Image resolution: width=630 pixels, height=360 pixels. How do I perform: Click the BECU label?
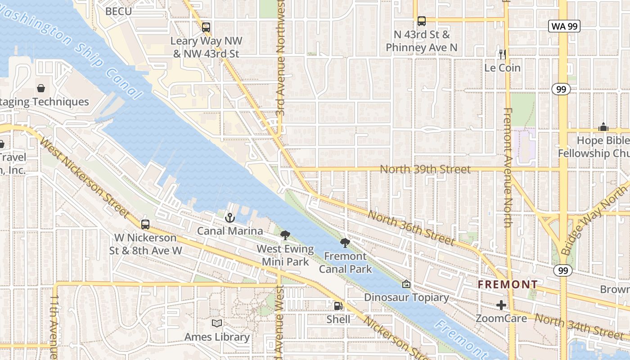tap(118, 11)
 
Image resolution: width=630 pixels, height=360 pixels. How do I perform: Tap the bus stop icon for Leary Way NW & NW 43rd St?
tap(206, 27)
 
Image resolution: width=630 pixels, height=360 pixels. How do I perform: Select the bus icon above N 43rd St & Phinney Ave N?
tap(422, 21)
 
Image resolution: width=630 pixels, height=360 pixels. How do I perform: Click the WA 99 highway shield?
tap(564, 26)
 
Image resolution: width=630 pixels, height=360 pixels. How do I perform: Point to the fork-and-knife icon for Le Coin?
tap(503, 54)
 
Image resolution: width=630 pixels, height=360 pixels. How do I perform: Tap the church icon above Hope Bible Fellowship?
tap(603, 127)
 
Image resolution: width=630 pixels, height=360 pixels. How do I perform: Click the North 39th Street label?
tap(425, 169)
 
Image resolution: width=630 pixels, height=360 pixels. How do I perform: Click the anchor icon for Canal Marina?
tap(230, 218)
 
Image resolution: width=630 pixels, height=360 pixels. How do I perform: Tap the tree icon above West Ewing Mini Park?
tap(285, 235)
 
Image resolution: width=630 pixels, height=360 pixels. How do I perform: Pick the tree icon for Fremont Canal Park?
tap(345, 243)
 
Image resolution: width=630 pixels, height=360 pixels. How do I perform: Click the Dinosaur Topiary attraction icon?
tap(406, 284)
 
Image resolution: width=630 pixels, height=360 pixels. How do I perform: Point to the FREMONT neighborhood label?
tap(508, 284)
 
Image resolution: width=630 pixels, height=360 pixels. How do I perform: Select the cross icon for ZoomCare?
tap(501, 305)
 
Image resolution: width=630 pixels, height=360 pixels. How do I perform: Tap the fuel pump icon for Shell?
tap(338, 306)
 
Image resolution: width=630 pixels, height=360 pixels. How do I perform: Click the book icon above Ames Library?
tap(217, 323)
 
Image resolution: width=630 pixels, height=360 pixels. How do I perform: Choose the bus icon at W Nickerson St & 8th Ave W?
tap(145, 224)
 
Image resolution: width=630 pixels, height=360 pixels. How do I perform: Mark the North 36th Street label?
tap(411, 227)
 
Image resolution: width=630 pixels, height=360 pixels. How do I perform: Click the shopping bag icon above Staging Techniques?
tap(41, 88)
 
